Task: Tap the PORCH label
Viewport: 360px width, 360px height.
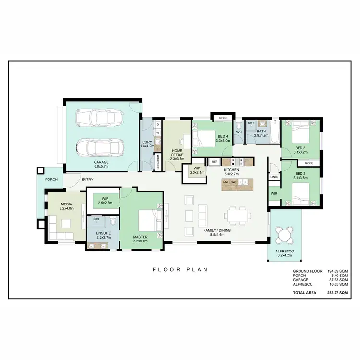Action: (x=51, y=180)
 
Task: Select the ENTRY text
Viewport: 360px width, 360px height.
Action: (x=87, y=180)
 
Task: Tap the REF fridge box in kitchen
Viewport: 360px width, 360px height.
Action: (x=215, y=162)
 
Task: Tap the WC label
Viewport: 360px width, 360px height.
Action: (x=239, y=132)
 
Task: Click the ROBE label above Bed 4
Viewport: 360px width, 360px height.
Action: (x=223, y=118)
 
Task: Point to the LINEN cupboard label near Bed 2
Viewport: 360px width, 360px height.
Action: (x=274, y=177)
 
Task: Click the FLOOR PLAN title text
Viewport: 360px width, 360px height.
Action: (x=180, y=269)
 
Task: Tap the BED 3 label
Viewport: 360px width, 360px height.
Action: (x=301, y=148)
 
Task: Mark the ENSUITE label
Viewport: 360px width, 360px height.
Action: (x=104, y=234)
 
